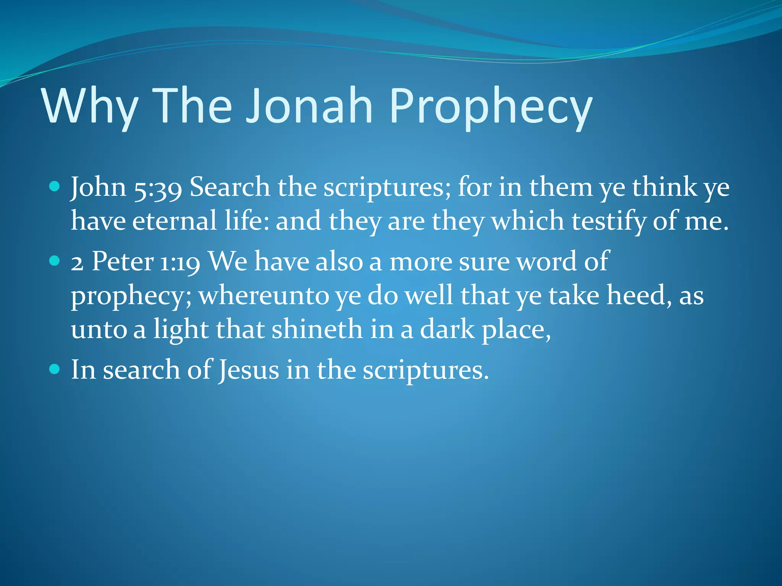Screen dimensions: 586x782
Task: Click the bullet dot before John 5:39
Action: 55,187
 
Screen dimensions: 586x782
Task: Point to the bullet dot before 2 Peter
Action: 55,261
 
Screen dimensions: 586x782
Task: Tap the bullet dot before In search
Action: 55,369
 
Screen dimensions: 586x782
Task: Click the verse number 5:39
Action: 158,188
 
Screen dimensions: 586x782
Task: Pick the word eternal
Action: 175,221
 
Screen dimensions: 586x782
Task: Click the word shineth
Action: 317,329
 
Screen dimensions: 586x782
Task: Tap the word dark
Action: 447,329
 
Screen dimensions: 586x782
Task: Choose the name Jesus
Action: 249,370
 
